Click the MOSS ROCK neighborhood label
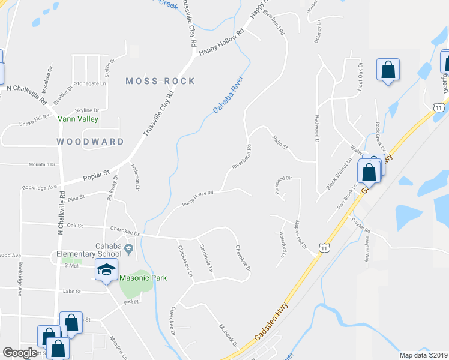coord(160,81)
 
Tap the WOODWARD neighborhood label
coord(90,142)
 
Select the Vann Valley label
coord(77,119)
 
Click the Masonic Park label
coord(142,278)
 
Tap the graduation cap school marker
coord(106,271)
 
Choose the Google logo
coord(20,353)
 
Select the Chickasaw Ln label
coord(185,263)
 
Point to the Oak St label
coord(74,226)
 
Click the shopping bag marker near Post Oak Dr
coord(388,71)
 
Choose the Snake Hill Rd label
coord(34,121)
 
